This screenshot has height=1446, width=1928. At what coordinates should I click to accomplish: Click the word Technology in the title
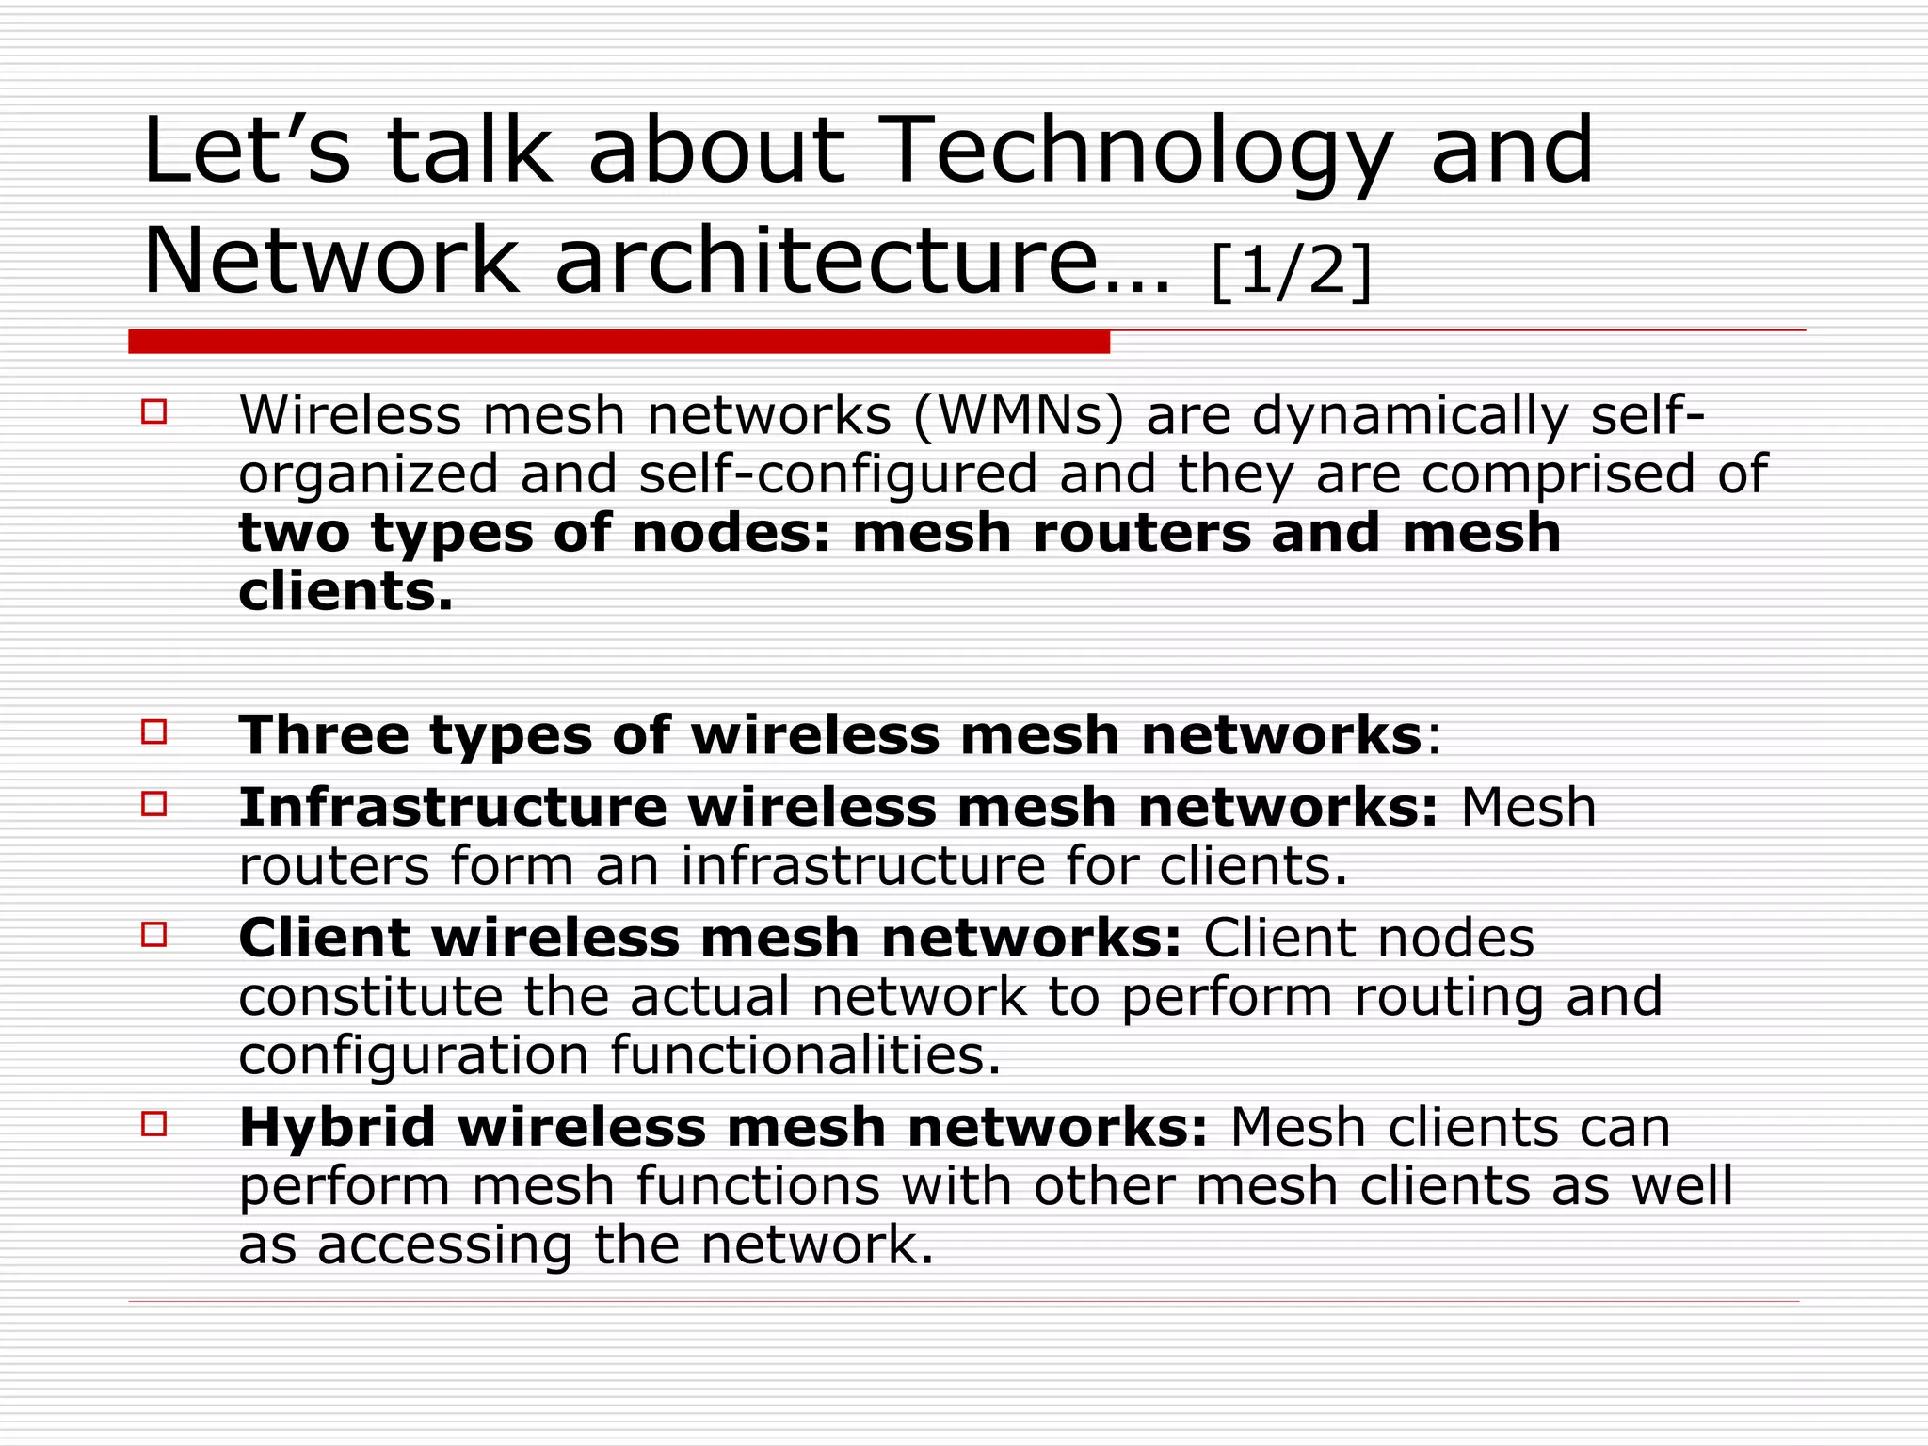[1138, 153]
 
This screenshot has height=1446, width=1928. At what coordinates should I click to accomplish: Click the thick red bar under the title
[619, 342]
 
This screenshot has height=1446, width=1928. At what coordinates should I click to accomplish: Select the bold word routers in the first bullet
[1141, 533]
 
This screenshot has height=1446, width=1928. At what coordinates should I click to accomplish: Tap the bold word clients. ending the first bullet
[345, 591]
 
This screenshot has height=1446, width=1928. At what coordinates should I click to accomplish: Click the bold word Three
[324, 734]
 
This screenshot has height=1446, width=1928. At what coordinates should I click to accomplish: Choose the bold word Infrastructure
[453, 808]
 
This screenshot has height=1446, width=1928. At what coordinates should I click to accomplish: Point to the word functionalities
[805, 1055]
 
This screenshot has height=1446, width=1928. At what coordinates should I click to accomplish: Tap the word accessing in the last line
[444, 1246]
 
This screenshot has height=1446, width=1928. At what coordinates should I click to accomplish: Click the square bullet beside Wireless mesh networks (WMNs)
[153, 412]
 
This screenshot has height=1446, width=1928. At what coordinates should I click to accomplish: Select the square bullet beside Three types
[153, 731]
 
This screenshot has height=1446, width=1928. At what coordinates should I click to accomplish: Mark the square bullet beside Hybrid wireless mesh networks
[153, 1124]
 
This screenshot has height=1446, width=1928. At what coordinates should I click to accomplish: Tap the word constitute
[371, 997]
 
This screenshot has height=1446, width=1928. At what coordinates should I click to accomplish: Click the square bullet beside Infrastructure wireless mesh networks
[153, 804]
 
